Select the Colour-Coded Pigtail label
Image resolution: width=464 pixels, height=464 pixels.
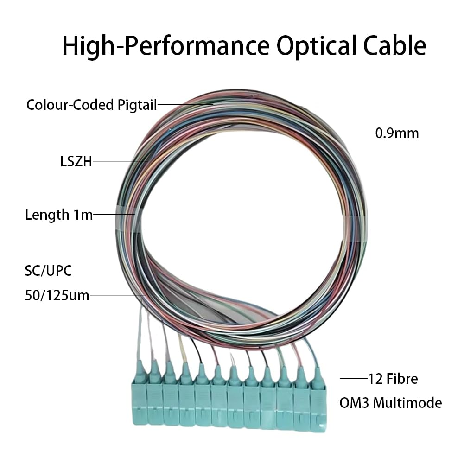point(91,104)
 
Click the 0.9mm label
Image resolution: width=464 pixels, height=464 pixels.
point(397,133)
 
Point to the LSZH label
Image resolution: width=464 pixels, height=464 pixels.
point(73,161)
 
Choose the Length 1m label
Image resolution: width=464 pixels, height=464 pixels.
point(59,215)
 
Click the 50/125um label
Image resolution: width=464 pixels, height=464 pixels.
point(57,295)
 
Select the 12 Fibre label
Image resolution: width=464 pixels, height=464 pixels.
point(393,379)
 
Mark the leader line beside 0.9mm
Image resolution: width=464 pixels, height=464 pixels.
point(348,133)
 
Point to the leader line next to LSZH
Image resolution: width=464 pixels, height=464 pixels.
point(120,161)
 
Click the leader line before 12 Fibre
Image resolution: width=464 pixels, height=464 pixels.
point(353,379)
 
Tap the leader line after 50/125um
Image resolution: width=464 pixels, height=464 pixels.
point(118,295)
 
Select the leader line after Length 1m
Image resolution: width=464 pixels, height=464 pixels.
point(114,215)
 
